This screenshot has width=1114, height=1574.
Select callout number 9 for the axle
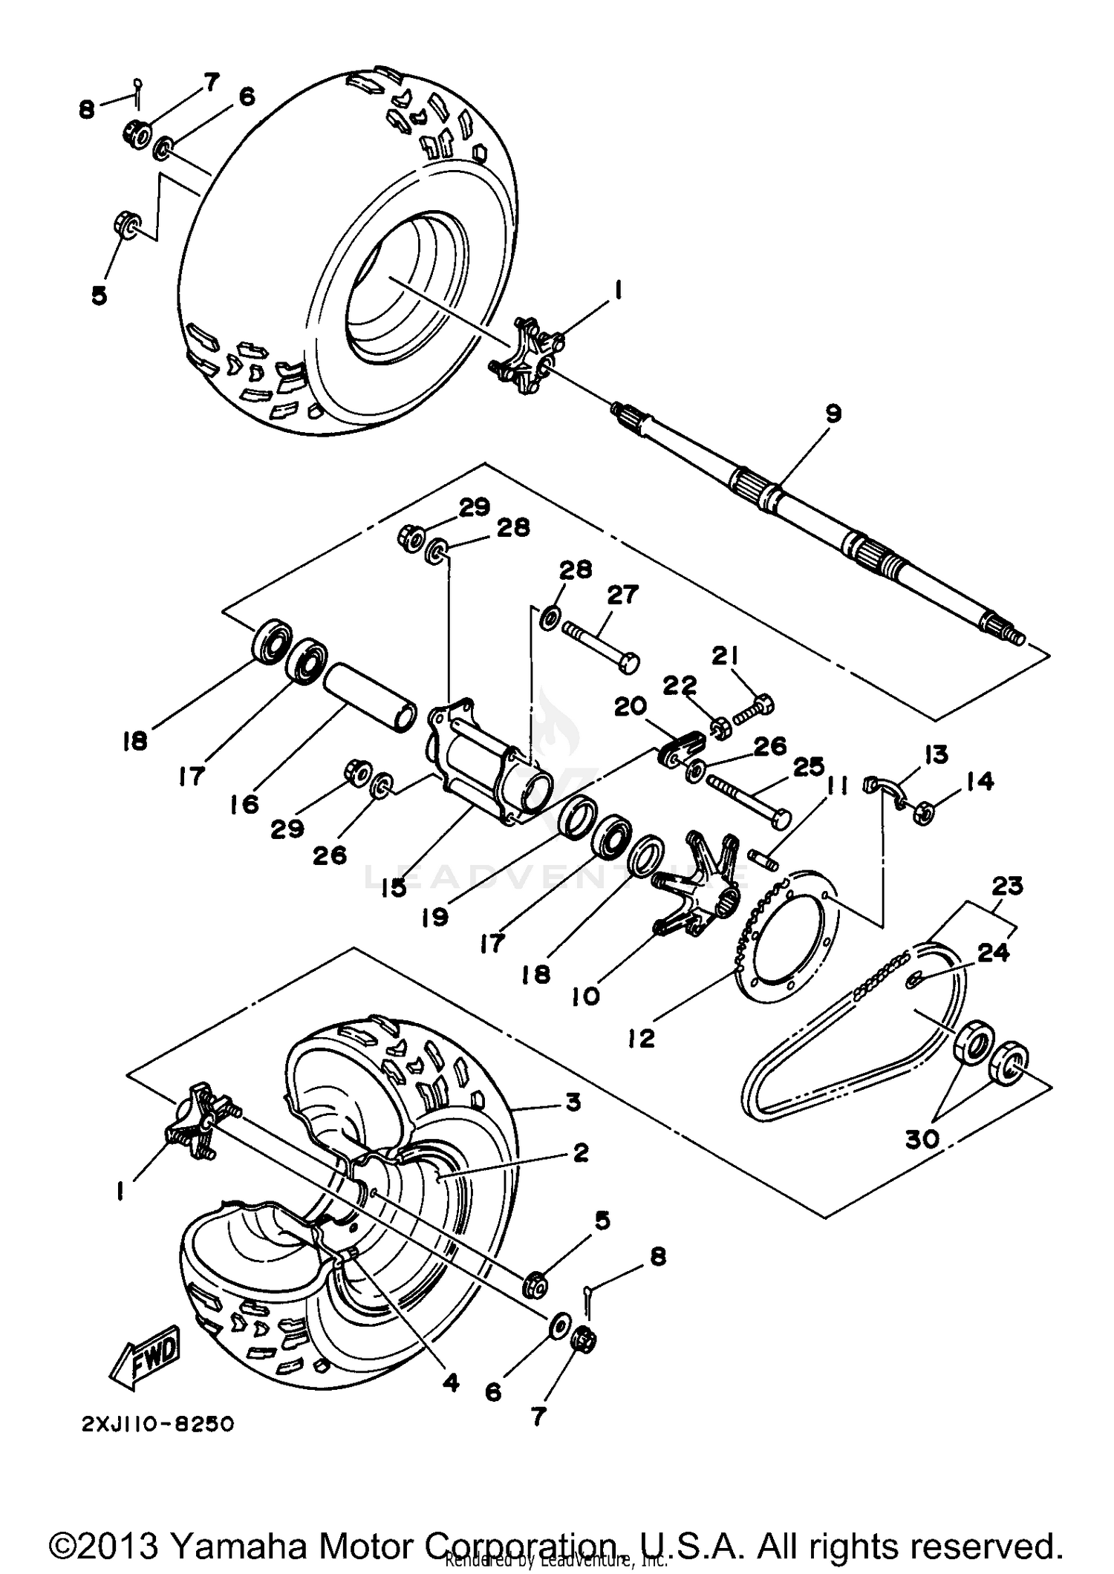click(x=833, y=414)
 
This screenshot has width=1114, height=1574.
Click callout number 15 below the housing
click(x=394, y=886)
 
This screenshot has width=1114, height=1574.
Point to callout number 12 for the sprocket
click(x=641, y=1038)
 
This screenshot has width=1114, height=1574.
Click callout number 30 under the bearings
click(x=922, y=1139)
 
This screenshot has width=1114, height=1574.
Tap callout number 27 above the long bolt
click(x=622, y=595)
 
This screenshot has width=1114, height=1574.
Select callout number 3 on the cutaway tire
click(x=572, y=1103)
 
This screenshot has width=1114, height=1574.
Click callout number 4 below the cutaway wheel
click(x=450, y=1382)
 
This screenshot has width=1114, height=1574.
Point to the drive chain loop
click(x=854, y=1039)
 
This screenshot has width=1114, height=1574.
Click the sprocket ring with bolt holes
click(x=787, y=928)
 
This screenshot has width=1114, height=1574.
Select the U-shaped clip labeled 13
click(x=887, y=790)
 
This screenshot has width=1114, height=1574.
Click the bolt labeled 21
click(x=756, y=706)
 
